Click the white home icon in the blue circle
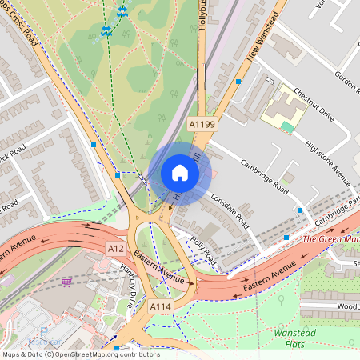click(x=180, y=173)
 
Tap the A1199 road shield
click(x=202, y=125)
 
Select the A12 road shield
click(x=116, y=250)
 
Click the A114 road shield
click(x=160, y=306)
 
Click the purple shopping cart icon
click(x=66, y=282)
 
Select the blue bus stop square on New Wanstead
click(x=238, y=81)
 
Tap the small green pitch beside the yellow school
click(x=287, y=126)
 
